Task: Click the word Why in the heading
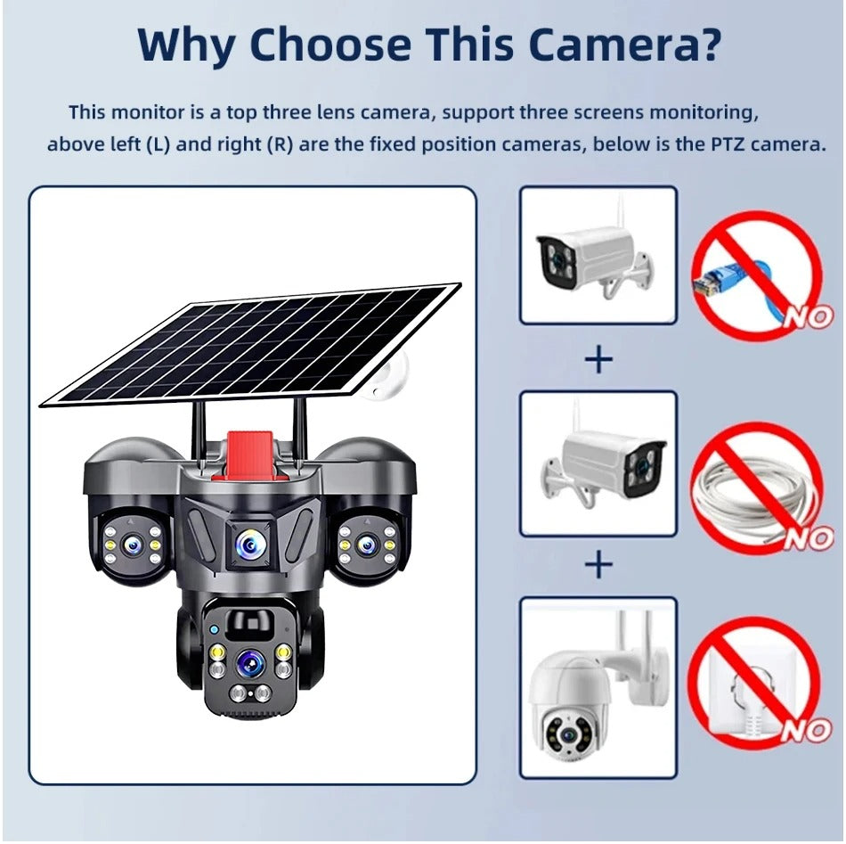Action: click(188, 45)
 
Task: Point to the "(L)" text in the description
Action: click(157, 144)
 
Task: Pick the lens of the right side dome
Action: click(365, 543)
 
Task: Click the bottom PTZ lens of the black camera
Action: click(248, 663)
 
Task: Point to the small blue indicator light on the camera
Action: click(215, 630)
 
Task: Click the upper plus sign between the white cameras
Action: click(598, 359)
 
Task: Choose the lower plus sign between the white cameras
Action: click(598, 564)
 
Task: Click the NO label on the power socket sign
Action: click(806, 731)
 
